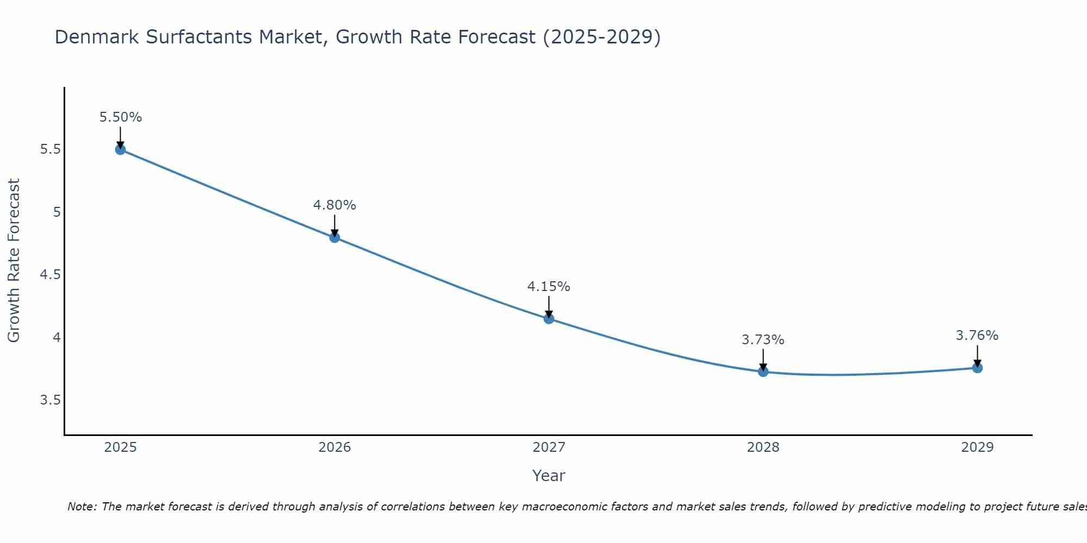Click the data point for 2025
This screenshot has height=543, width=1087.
pos(120,149)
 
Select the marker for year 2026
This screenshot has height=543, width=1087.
pos(334,237)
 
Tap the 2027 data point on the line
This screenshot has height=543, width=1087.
pos(549,319)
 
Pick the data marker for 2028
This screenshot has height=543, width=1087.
pos(763,371)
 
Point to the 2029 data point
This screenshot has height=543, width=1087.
pos(977,368)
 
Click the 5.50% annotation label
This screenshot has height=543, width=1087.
pos(121,117)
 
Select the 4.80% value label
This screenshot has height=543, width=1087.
pos(334,205)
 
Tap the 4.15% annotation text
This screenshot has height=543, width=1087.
pos(549,287)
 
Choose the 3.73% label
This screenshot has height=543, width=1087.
pos(763,340)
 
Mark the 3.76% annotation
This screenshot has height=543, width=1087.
pos(977,336)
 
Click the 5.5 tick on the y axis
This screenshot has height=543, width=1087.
pos(50,149)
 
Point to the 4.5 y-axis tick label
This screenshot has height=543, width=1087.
pos(50,275)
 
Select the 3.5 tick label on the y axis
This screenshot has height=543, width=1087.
pos(50,400)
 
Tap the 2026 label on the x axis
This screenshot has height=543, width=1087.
pos(334,447)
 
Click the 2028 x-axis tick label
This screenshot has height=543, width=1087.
pos(763,447)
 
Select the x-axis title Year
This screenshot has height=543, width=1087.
pos(549,476)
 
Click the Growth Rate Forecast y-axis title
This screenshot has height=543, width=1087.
pos(14,261)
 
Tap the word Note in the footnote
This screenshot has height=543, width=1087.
pos(82,507)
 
